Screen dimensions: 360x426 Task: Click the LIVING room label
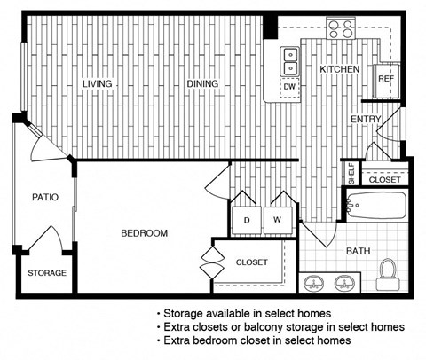(98, 83)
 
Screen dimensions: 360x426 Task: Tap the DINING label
(202, 83)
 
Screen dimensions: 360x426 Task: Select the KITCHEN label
(338, 68)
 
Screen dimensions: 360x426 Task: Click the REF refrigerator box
(385, 78)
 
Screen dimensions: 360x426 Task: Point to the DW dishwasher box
(289, 87)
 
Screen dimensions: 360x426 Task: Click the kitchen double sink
(290, 60)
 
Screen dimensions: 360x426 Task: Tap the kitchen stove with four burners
(339, 29)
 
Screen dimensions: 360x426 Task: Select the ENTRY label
(366, 120)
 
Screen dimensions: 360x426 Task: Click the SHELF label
(351, 174)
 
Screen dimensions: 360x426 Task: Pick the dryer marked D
(247, 219)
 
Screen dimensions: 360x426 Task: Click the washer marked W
(276, 219)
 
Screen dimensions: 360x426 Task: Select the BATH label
(358, 251)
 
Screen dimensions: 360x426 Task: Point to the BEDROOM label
(144, 233)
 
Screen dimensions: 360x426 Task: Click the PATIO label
(46, 197)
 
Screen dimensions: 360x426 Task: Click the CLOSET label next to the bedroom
(251, 262)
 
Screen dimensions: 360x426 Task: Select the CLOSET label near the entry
(384, 179)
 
